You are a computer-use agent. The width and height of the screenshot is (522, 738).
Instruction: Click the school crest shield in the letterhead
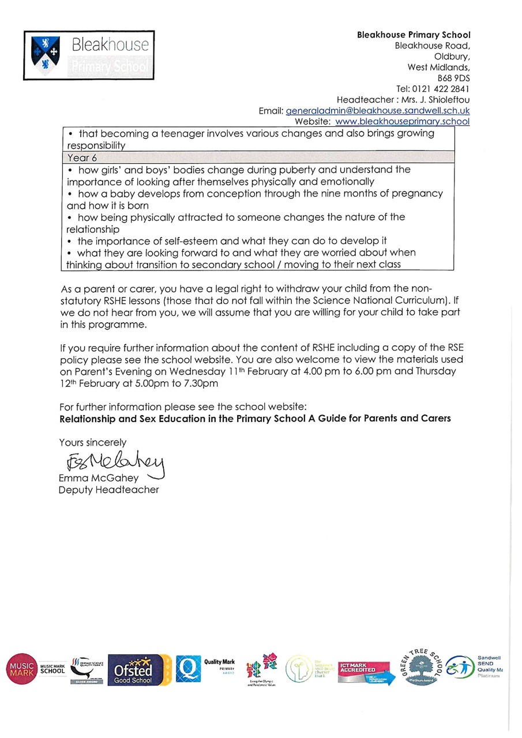pyautogui.click(x=45, y=55)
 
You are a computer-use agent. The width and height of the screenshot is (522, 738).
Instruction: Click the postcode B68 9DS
pyautogui.click(x=454, y=78)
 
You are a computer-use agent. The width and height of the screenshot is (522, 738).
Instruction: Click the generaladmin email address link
pyautogui.click(x=378, y=111)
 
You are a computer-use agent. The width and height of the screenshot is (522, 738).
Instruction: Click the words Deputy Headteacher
pyautogui.click(x=108, y=490)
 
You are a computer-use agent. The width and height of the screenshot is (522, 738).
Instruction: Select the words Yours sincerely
pyautogui.click(x=92, y=442)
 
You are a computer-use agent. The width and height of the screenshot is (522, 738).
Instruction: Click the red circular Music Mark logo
pyautogui.click(x=21, y=669)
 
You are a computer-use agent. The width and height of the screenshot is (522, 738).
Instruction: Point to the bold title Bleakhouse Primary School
pyautogui.click(x=414, y=35)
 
